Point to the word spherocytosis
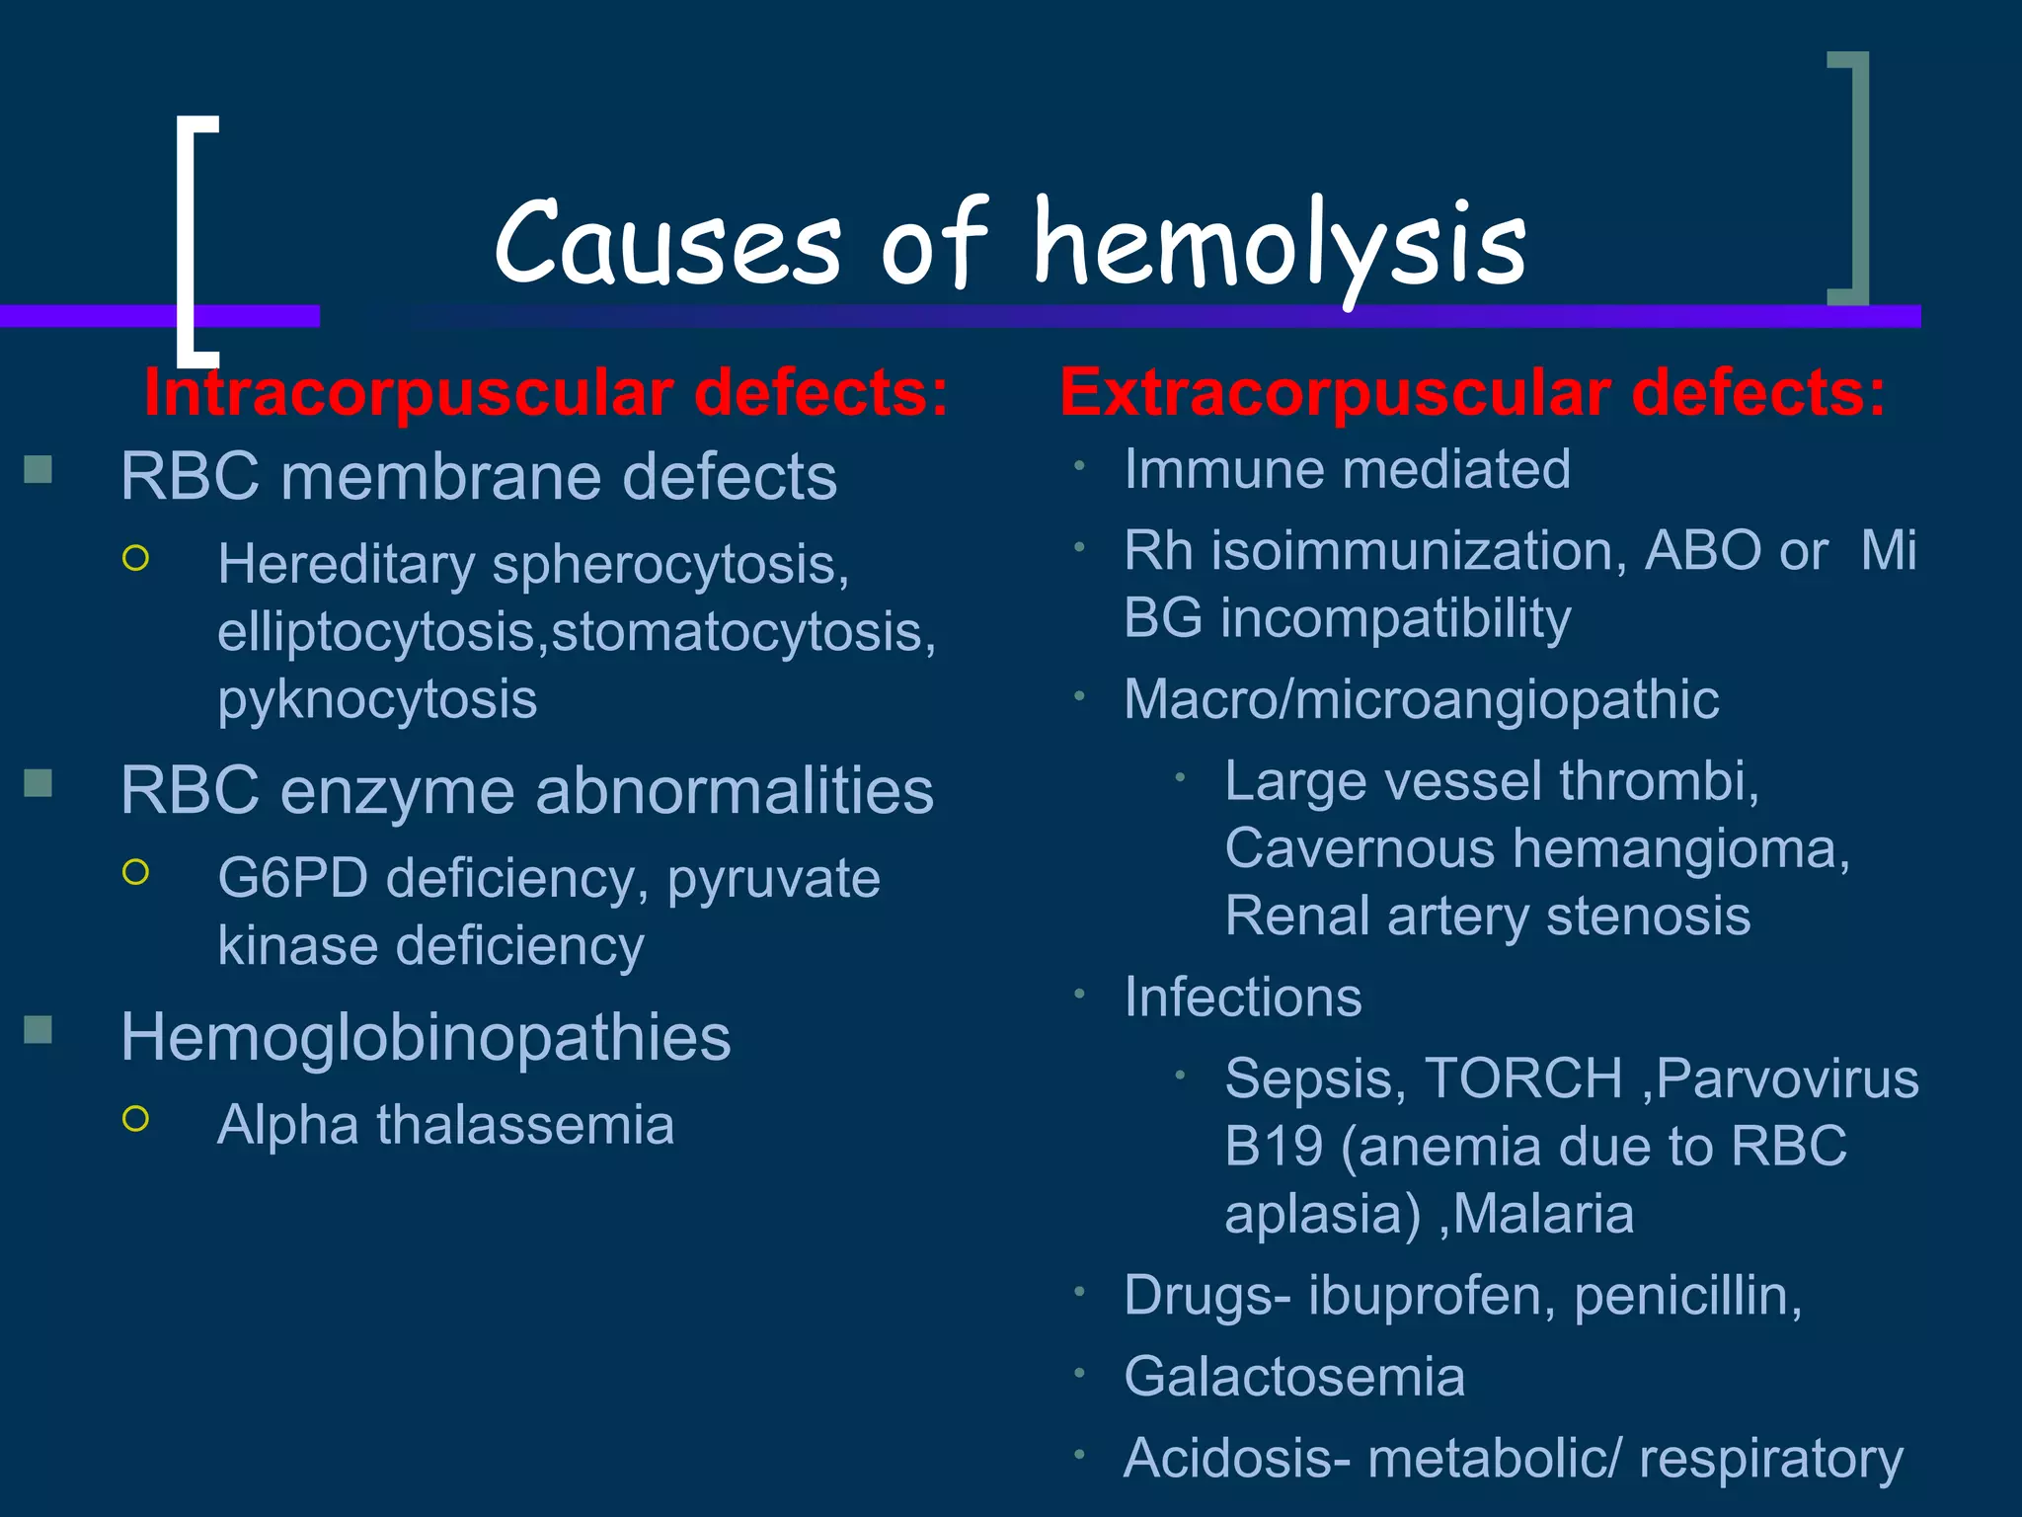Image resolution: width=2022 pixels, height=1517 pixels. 670,565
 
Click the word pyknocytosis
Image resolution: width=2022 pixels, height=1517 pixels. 377,700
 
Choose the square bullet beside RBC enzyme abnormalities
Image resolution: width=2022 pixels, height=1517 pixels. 38,783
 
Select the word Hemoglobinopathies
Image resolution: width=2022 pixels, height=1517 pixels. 426,1037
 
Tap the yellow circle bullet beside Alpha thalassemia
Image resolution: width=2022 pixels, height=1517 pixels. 136,1118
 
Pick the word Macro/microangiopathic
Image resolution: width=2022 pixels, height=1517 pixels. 1422,700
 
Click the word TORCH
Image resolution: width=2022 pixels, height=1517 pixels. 1523,1078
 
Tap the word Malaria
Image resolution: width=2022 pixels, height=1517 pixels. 1543,1214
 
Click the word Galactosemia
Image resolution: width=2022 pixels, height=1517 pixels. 1294,1377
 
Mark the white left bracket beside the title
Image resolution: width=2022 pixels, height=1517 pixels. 188,237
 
